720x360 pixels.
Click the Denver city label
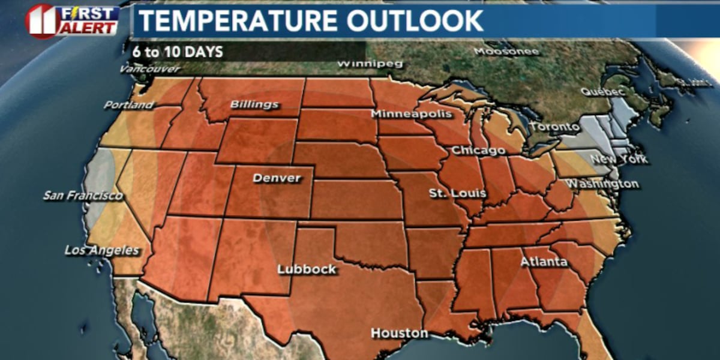[277, 178]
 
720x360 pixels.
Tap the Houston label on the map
[400, 333]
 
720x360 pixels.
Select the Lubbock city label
[307, 269]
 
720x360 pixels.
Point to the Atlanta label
[544, 262]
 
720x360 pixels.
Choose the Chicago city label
[478, 150]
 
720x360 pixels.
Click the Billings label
[254, 104]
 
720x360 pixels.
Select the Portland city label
[128, 105]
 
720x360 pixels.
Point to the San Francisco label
[83, 196]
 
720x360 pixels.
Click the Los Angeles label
[102, 250]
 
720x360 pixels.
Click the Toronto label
[554, 127]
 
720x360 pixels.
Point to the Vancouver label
[149, 69]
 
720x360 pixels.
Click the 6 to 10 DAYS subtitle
[178, 52]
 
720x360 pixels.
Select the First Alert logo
[72, 20]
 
